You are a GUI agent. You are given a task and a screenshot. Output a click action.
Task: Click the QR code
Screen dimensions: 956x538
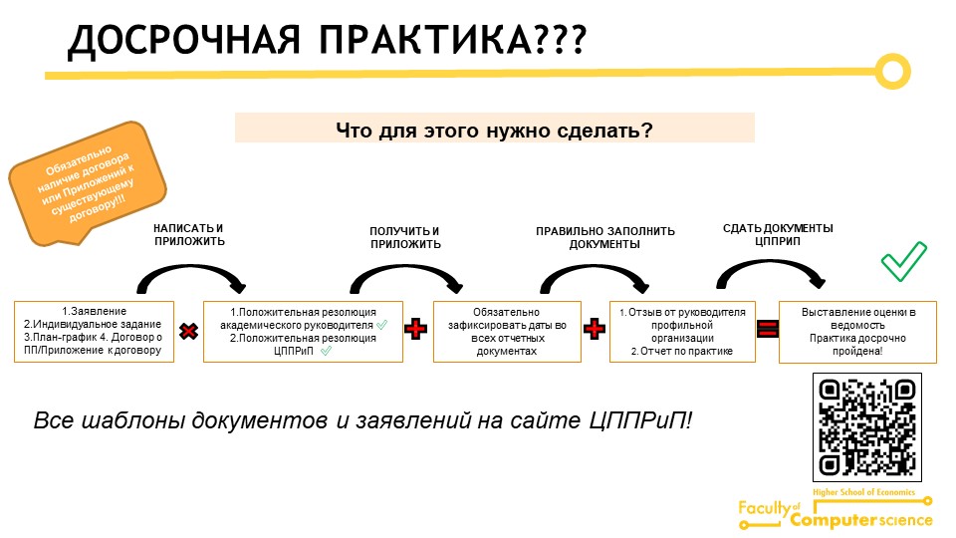click(x=867, y=427)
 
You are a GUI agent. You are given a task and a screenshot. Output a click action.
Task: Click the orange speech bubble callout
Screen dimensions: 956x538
click(x=87, y=183)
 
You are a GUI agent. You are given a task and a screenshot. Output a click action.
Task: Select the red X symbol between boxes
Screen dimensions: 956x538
click(x=189, y=331)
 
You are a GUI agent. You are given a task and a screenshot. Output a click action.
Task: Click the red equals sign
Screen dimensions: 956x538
click(x=767, y=329)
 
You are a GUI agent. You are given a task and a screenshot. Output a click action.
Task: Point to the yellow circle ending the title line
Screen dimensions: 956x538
click(x=892, y=72)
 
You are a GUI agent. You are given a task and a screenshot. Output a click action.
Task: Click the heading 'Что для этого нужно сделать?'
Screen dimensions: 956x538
click(x=495, y=130)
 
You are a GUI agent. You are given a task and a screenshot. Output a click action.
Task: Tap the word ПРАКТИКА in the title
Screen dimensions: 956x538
click(x=425, y=40)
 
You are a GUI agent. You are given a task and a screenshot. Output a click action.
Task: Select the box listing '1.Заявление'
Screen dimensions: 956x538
click(x=94, y=331)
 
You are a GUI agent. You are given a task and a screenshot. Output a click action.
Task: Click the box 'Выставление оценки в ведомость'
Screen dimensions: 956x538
click(x=857, y=332)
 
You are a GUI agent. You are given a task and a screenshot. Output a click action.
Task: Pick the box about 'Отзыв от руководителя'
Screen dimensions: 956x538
click(x=682, y=332)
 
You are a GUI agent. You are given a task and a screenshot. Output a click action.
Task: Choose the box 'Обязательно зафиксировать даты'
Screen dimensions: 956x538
click(x=507, y=332)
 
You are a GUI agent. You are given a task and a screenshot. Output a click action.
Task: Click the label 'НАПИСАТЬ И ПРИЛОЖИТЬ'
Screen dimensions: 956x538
click(x=189, y=235)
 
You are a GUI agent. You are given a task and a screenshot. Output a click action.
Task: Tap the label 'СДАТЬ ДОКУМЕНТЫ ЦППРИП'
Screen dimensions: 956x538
click(x=778, y=235)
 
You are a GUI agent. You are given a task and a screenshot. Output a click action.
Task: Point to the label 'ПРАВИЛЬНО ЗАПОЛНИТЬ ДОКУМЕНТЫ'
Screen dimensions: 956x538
click(x=604, y=238)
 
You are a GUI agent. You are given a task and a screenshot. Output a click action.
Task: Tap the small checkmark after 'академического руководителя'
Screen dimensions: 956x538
click(x=381, y=325)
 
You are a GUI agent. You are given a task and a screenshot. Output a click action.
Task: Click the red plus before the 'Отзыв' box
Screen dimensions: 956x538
click(x=595, y=329)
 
